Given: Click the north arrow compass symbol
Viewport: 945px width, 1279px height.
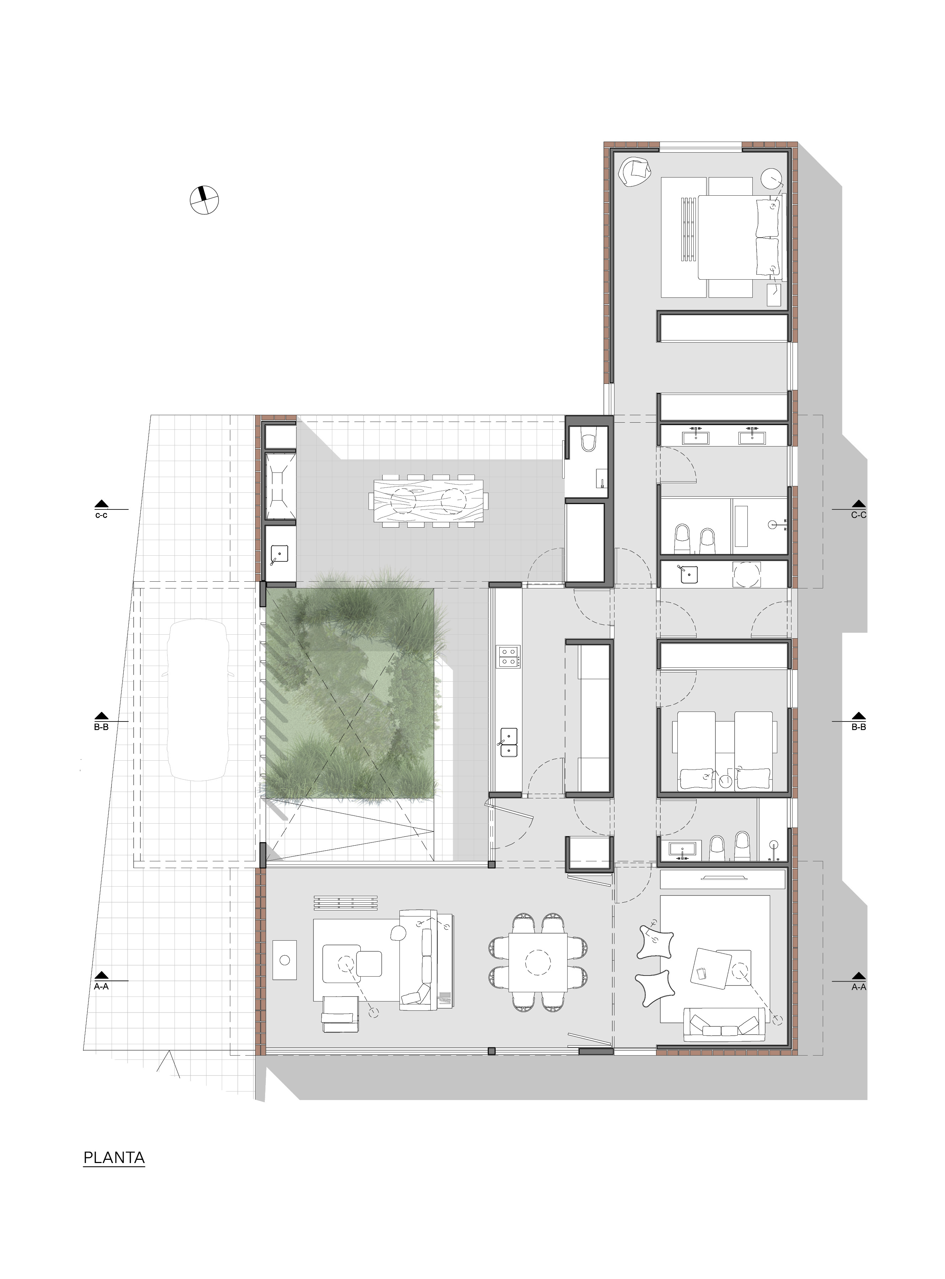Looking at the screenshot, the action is [x=204, y=200].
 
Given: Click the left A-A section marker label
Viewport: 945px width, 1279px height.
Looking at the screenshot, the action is [x=101, y=987].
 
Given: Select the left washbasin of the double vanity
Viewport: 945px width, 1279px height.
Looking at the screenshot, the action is [x=696, y=437].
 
